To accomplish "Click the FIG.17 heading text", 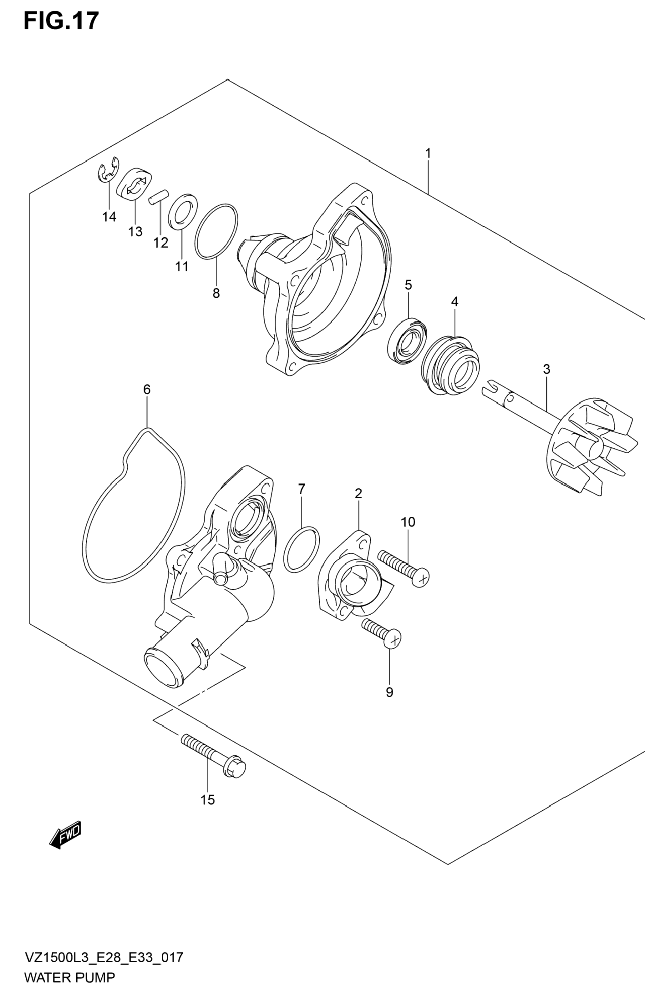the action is coord(61,21).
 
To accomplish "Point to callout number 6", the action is coord(147,390).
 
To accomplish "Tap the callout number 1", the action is coord(428,154).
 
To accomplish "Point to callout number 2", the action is coord(359,493).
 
